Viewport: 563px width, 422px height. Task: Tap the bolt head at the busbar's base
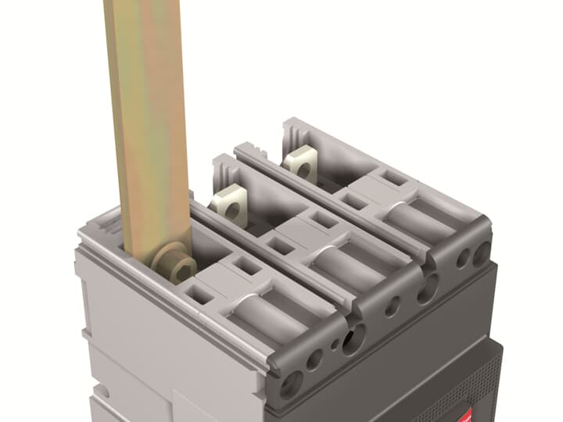[181, 268]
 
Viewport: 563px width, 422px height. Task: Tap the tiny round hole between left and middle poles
[335, 343]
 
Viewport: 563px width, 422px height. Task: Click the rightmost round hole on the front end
[479, 252]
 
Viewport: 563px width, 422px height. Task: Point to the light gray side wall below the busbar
[156, 344]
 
